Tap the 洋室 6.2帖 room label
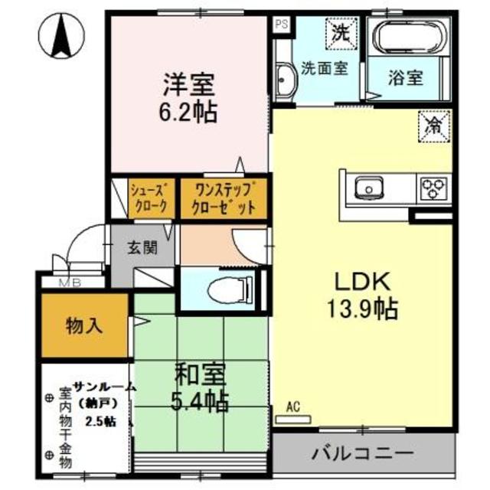click(188, 97)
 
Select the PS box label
click(282, 23)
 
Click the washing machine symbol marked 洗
click(338, 33)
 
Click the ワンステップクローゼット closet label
click(224, 198)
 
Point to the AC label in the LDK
click(292, 407)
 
